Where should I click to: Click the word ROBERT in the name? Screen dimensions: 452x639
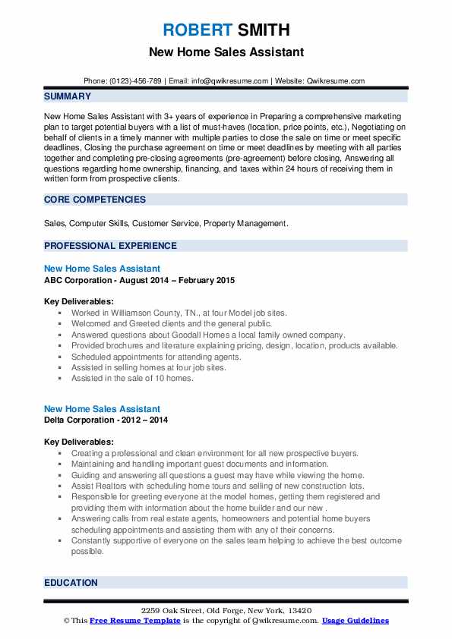pyautogui.click(x=195, y=31)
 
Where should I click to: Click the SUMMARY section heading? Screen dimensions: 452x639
pyautogui.click(x=68, y=96)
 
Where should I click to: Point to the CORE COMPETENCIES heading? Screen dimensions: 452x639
pyautogui.click(x=93, y=200)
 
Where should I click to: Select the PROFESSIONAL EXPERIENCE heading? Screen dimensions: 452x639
pyautogui.click(x=110, y=246)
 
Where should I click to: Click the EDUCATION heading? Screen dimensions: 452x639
pyautogui.click(x=71, y=583)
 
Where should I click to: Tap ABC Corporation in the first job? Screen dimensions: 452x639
pyautogui.click(x=79, y=280)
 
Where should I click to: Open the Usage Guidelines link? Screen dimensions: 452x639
pyautogui.click(x=355, y=621)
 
